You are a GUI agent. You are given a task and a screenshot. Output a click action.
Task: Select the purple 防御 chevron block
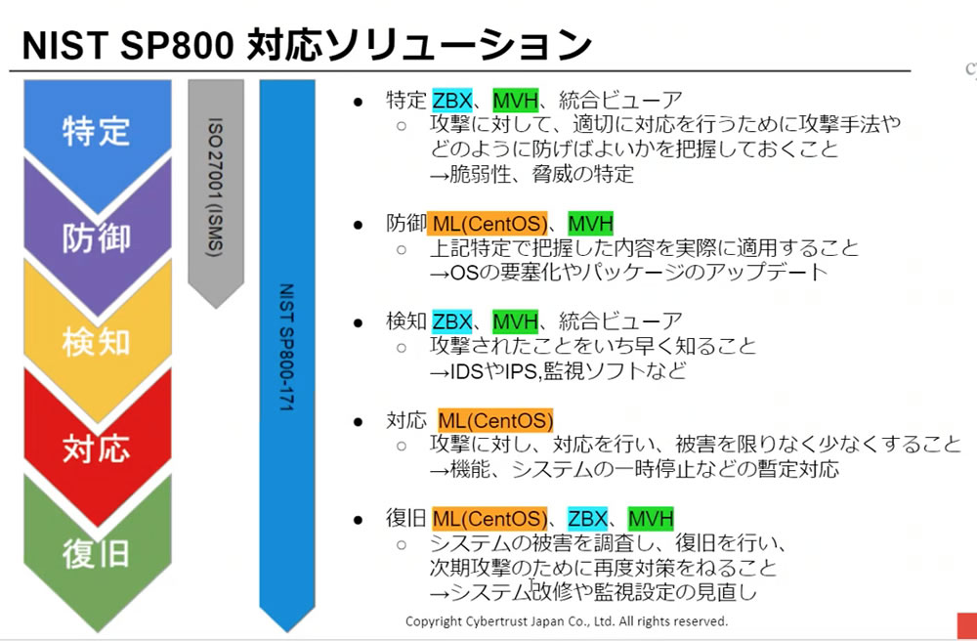point(96,236)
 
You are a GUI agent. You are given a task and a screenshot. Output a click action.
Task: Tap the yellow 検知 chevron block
point(96,342)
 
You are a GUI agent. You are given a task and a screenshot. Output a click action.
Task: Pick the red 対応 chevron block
point(96,448)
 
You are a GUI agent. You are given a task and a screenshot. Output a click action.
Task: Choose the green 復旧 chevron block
point(96,553)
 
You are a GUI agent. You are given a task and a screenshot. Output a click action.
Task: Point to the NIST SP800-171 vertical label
point(286,347)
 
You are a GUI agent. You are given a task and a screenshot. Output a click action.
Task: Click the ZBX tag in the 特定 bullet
point(452,100)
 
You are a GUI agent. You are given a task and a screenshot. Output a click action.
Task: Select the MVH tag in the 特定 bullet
point(515,100)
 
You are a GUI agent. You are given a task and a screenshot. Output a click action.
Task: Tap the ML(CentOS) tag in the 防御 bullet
point(489,223)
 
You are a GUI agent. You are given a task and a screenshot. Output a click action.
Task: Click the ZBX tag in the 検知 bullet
point(452,321)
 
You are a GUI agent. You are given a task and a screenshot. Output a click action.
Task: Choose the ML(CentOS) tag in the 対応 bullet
point(495,421)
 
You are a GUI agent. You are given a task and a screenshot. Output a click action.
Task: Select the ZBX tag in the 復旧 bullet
point(588,519)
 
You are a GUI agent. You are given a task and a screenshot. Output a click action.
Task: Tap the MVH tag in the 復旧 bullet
point(651,519)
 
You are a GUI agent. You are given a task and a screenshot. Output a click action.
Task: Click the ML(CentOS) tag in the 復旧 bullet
point(489,519)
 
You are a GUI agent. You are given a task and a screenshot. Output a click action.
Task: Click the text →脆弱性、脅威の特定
point(532,174)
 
